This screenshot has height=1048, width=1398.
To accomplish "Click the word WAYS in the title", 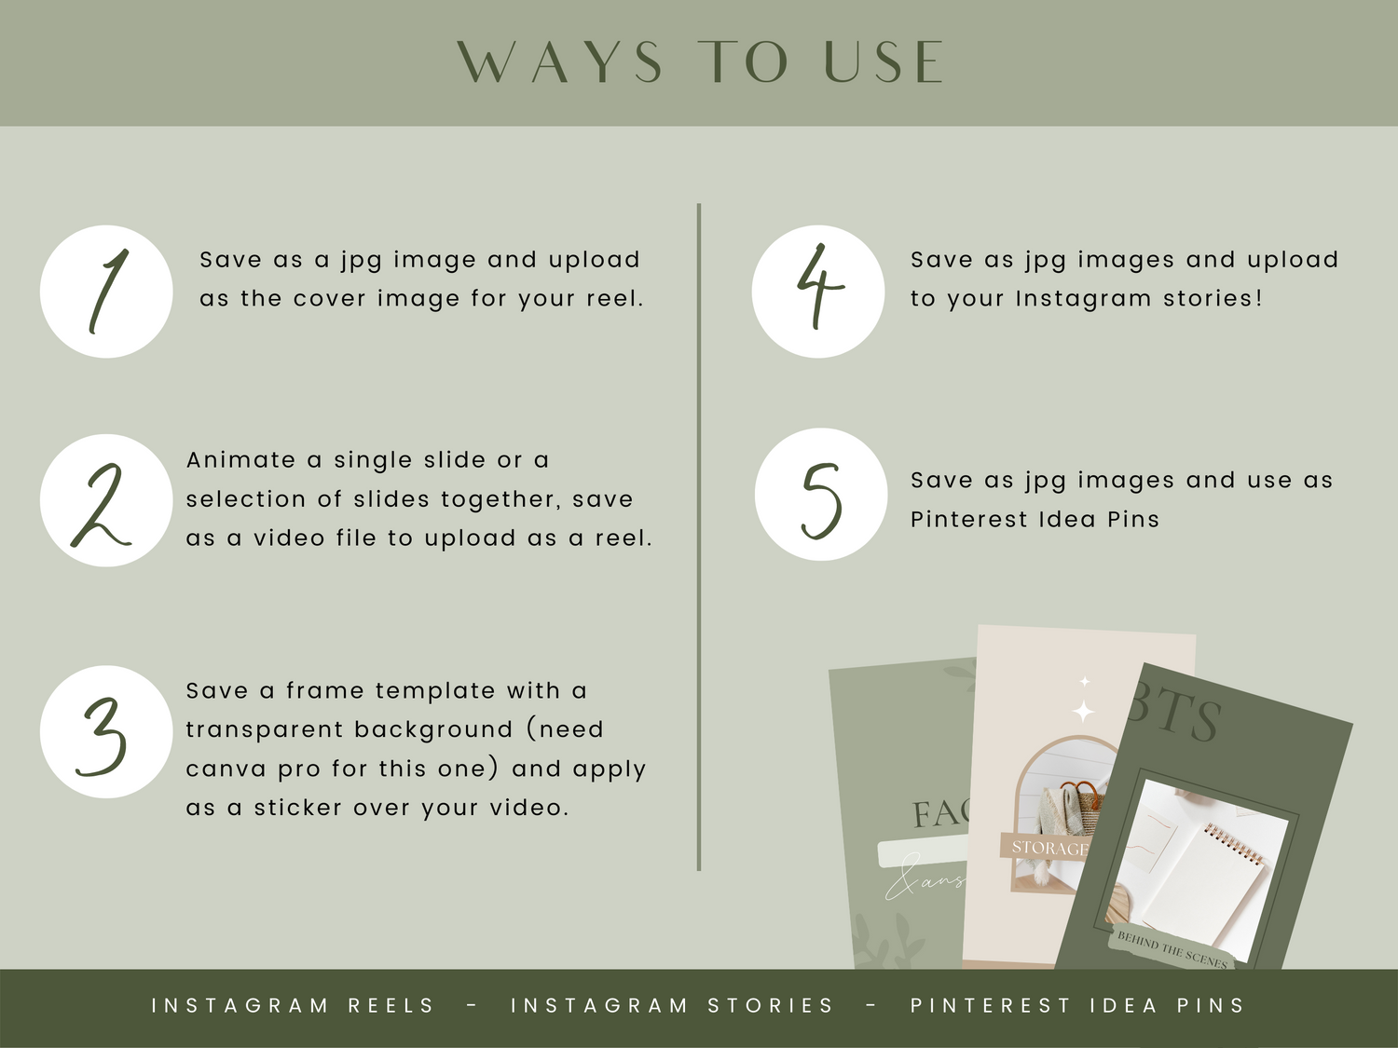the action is click(560, 61).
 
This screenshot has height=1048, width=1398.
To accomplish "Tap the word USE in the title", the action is click(884, 61).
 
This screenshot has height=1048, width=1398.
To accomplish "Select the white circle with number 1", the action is click(106, 292).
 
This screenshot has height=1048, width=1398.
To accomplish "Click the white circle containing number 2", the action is click(106, 501).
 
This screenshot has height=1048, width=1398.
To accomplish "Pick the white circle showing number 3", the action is click(106, 732).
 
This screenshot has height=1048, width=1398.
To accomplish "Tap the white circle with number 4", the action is click(817, 292).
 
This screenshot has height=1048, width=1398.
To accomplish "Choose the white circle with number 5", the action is click(821, 495).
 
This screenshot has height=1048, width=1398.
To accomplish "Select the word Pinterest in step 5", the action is click(968, 519).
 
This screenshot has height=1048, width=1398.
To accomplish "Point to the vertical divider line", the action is click(699, 538).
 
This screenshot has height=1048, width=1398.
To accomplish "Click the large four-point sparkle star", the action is click(1083, 711).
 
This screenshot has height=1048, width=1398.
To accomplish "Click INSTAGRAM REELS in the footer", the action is click(293, 1005).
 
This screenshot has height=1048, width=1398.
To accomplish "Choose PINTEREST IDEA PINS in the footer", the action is click(1077, 1005).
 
